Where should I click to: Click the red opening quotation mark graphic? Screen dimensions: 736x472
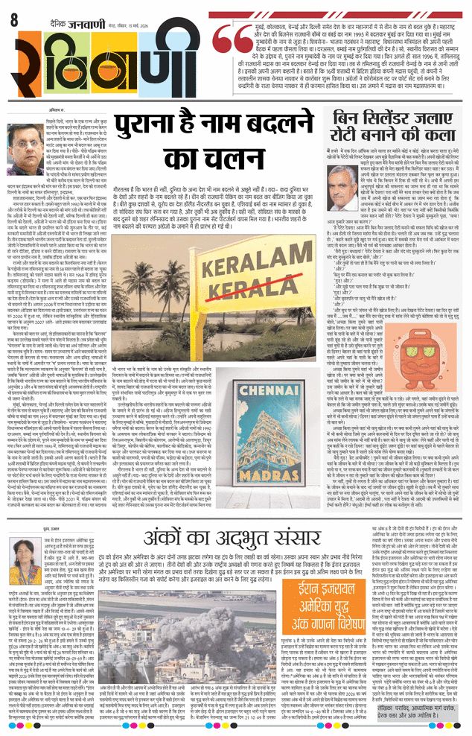(224, 41)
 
